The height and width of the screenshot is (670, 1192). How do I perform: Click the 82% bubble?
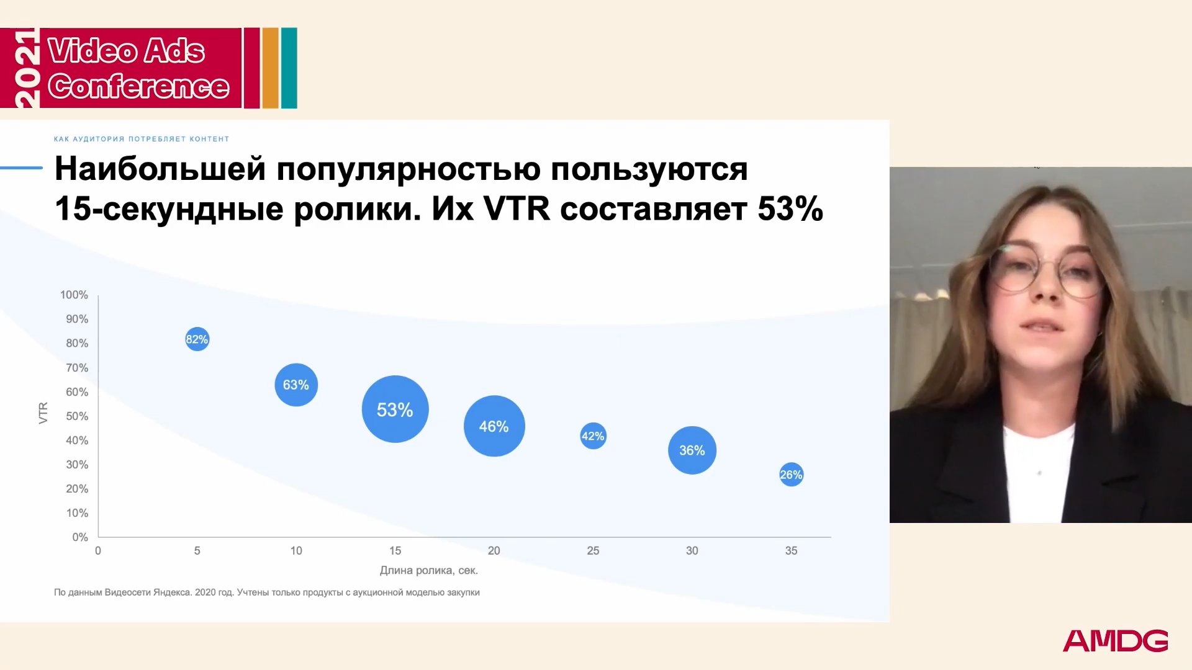point(197,339)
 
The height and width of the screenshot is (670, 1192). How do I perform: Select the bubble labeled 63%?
point(296,385)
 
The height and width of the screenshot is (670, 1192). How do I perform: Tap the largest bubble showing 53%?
point(395,409)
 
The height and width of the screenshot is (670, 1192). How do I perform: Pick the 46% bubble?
point(494,426)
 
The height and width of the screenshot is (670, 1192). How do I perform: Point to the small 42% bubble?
point(593,436)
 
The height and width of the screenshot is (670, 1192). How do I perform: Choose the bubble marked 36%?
point(692,450)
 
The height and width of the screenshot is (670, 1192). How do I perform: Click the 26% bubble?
point(791,475)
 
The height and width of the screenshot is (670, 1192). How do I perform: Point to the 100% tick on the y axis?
point(74,295)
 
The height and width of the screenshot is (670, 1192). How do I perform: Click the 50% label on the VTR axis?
point(77,416)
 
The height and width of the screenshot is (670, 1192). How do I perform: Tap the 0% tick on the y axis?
point(80,537)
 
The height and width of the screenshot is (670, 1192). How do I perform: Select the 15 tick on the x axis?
point(395,551)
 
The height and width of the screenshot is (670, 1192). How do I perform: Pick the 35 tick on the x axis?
point(791,551)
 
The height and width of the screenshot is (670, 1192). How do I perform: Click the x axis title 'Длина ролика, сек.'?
point(429,570)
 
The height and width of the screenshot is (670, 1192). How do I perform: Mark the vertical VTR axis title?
point(43,413)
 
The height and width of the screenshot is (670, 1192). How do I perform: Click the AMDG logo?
point(1116,641)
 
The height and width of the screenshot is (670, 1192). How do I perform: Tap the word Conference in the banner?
point(139,86)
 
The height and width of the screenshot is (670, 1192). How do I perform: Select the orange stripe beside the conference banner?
point(270,68)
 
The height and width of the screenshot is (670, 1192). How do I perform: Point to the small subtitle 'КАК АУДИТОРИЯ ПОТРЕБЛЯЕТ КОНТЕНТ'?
point(142,139)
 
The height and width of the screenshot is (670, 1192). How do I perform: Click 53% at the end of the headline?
point(790,209)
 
